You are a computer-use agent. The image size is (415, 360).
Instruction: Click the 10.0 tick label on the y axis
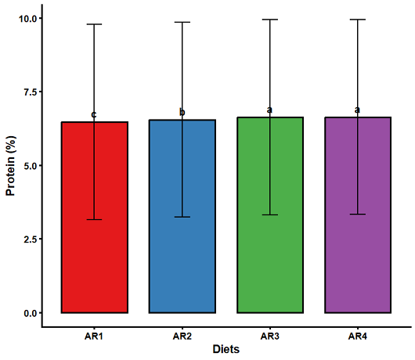coord(27,19)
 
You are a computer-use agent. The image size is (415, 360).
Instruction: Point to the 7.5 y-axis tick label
coord(30,92)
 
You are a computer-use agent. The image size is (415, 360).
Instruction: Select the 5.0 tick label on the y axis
coord(30,166)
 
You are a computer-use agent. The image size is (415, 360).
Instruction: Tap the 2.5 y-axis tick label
coord(30,239)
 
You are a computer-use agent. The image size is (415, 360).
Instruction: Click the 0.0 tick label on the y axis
coord(30,313)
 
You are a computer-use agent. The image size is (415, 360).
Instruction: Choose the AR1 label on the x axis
coord(94,337)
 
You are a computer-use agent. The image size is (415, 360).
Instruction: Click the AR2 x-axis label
coord(182,337)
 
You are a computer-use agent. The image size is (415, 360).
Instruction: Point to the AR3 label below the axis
coord(270,337)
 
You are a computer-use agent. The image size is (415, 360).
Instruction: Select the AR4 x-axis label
coord(358,337)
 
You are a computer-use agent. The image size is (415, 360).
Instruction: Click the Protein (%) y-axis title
coord(11,166)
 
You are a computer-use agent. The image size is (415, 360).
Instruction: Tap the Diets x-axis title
coord(226,349)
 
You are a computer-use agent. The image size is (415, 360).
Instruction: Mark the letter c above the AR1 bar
coord(94,115)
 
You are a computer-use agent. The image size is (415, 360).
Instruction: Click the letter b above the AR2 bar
coord(182,113)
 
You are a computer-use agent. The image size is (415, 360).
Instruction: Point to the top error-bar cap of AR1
coord(94,24)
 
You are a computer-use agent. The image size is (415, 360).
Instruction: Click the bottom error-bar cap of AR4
coord(358,214)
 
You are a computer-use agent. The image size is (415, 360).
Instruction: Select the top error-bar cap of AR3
coord(270,20)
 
